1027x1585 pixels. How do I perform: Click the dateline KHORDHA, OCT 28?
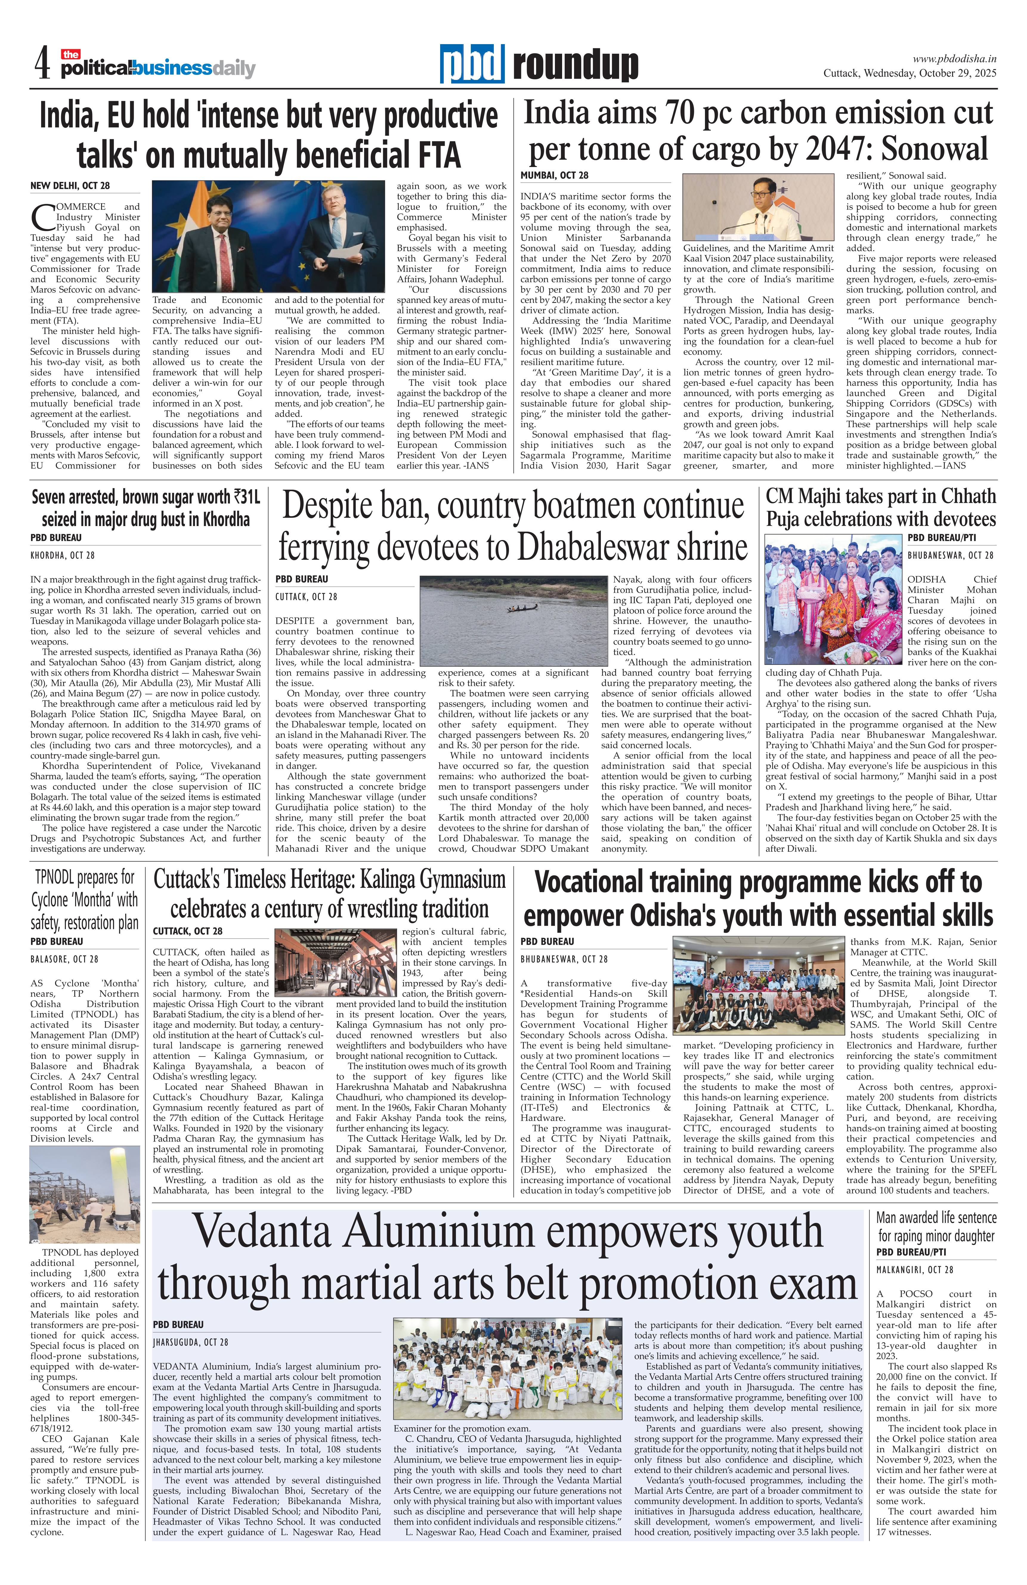[x=63, y=555]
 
